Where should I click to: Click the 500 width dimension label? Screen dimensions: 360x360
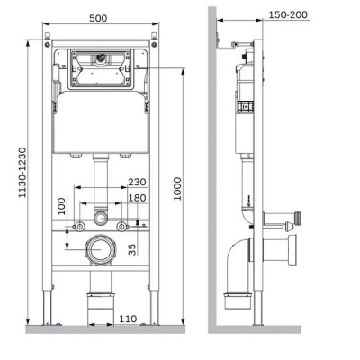(x=98, y=18)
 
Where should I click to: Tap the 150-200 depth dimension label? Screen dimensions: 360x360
(x=288, y=14)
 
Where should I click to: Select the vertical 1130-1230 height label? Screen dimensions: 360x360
(x=22, y=172)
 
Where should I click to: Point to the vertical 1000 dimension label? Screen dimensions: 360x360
(x=177, y=189)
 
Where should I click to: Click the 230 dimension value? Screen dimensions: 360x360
(x=137, y=182)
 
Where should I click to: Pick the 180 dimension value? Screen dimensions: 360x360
(x=137, y=198)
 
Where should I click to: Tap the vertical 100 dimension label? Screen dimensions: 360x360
(x=61, y=206)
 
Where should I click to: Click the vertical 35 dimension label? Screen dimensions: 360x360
(x=132, y=249)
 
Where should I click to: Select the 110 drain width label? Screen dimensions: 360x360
(x=128, y=319)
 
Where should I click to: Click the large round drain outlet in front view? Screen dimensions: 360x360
(x=101, y=249)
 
